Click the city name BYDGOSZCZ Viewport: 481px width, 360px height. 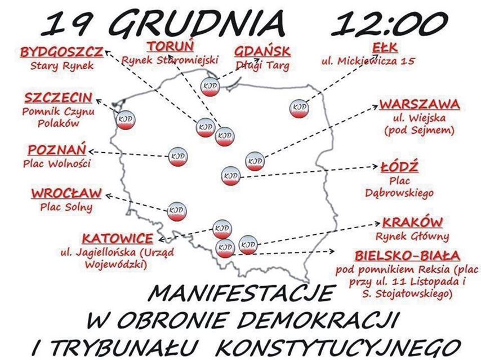coord(61,52)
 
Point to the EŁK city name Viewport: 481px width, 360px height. coord(378,47)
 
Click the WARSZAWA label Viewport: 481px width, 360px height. coord(419,105)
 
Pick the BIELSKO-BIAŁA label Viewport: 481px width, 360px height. coord(407,255)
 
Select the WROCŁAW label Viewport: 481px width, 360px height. coord(66,193)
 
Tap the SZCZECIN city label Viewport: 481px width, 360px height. coord(59,97)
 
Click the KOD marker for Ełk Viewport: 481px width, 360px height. coord(300,108)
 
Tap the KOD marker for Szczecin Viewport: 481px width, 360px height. coord(124,119)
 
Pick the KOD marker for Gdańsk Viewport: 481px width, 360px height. coord(209,87)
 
